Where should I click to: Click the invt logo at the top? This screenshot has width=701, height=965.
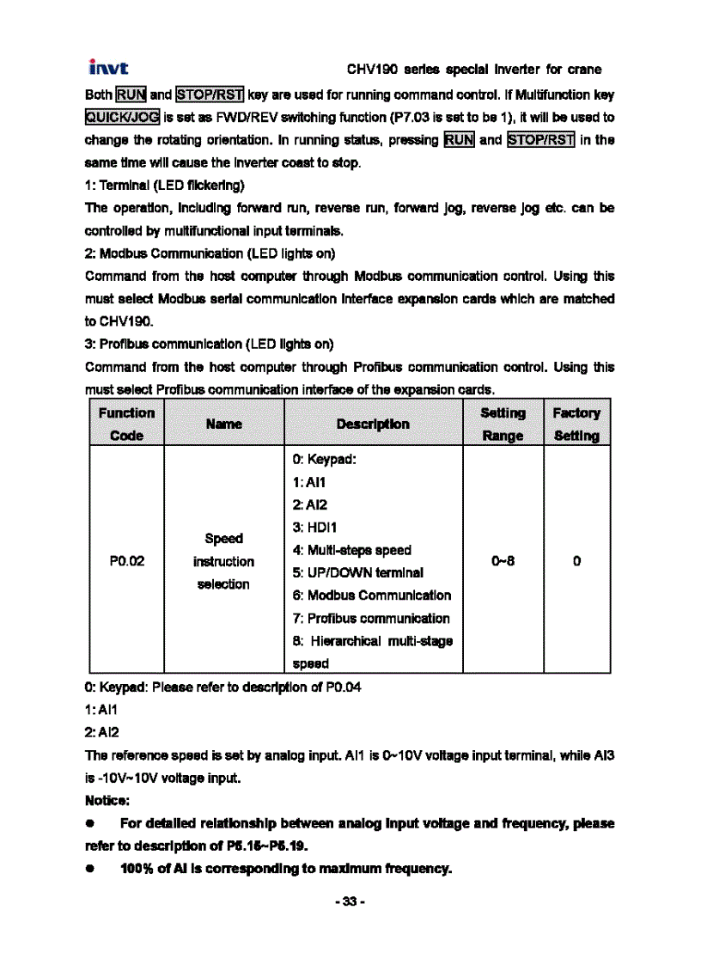pos(109,68)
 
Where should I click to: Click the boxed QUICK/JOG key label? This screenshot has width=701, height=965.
pos(119,117)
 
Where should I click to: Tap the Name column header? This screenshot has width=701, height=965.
pos(223,424)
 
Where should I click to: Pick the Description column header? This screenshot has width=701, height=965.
pos(373,424)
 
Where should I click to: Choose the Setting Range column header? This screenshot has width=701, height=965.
pos(503,424)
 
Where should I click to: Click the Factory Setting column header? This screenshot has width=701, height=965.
pos(576,424)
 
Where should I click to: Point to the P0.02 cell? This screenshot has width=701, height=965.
pos(126,562)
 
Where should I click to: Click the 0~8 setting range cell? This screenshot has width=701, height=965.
pos(503,562)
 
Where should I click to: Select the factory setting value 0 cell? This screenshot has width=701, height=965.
pos(576,562)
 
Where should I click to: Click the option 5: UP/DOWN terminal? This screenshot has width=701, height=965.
pos(357,573)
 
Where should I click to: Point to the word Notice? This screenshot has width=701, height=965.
pos(107,802)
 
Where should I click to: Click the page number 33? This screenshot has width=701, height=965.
pos(350,901)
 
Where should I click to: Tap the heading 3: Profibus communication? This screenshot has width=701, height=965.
pos(210,345)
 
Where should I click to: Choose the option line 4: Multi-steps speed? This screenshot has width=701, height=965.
pos(351,550)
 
